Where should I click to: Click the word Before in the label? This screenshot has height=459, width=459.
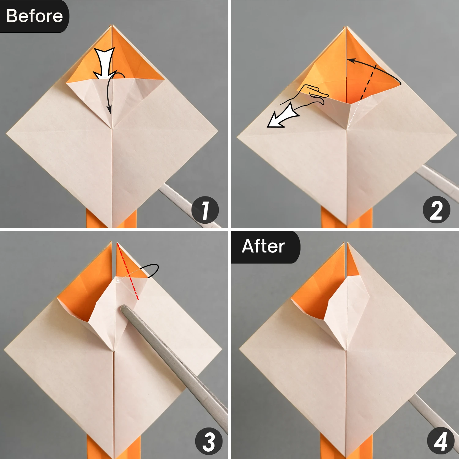click(34, 16)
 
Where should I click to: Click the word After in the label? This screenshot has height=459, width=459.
click(263, 246)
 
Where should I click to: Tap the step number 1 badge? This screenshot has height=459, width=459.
click(205, 210)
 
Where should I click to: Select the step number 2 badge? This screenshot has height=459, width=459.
click(436, 210)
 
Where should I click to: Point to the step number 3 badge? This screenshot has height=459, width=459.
click(209, 441)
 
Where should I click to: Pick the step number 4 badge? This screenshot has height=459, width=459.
click(441, 441)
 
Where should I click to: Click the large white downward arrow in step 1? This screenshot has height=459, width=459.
click(104, 63)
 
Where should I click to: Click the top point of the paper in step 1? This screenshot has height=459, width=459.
click(112, 25)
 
